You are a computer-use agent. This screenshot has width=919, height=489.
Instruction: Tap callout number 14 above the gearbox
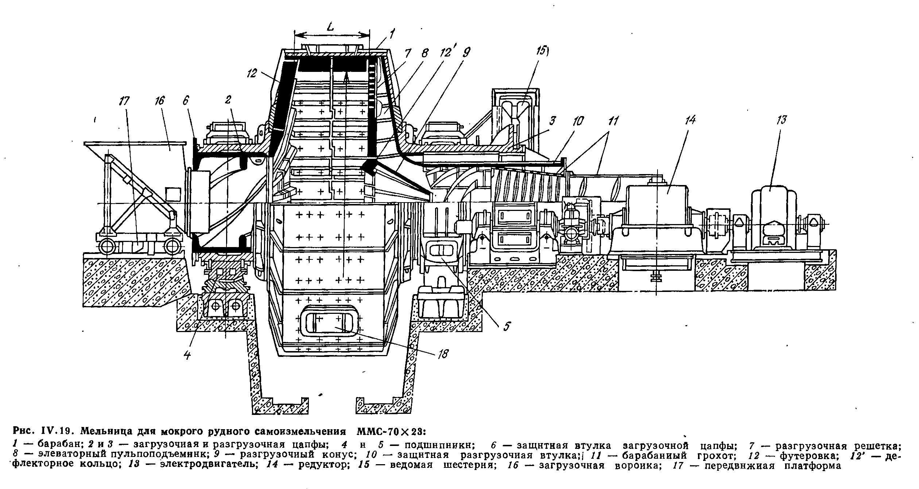[691, 120]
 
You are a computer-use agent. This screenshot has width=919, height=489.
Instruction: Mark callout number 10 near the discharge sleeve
[578, 120]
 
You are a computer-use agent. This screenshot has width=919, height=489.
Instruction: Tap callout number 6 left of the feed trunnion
[186, 101]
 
